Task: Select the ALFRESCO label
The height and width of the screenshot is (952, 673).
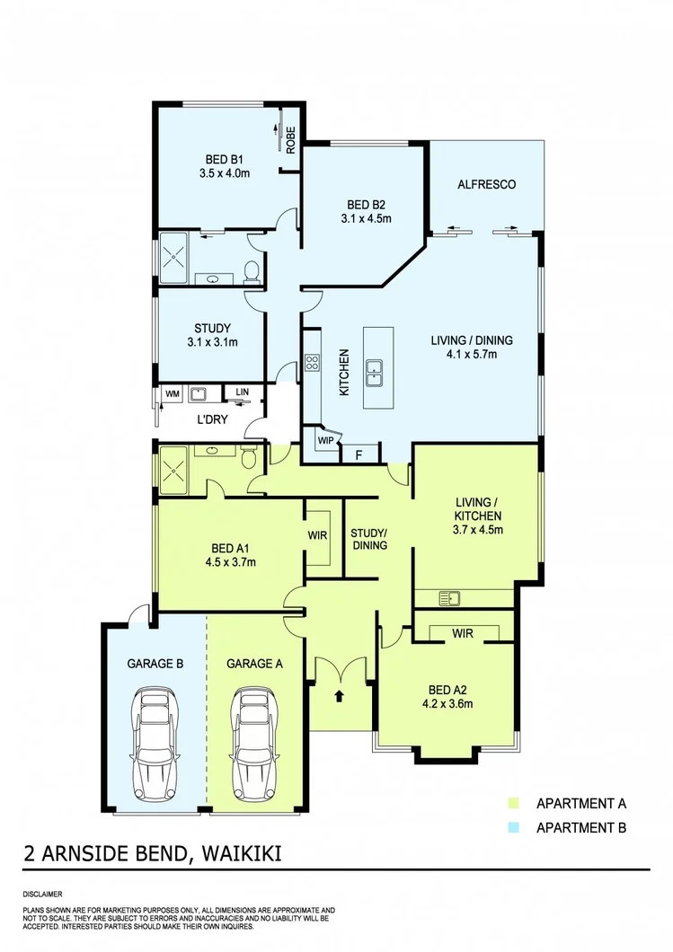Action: click(486, 184)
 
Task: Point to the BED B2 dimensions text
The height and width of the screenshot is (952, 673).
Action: click(366, 217)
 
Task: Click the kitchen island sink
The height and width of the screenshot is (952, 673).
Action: click(375, 370)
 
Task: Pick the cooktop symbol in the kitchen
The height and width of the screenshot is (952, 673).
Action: click(313, 363)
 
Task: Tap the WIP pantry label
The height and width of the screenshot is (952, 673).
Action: click(323, 442)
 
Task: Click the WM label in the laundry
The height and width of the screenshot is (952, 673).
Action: click(171, 393)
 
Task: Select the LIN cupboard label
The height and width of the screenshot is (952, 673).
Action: click(243, 392)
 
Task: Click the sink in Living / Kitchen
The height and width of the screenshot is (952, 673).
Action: click(447, 598)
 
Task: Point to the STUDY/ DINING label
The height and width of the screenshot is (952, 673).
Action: click(368, 538)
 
